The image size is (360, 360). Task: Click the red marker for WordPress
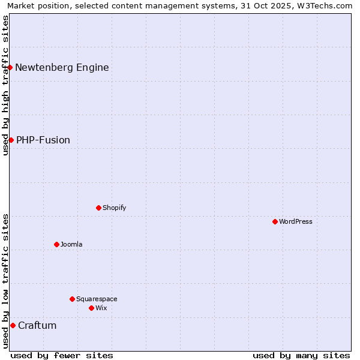pos(275,221)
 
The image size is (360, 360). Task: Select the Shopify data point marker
pos(98,208)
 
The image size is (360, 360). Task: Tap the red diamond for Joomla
pos(56,244)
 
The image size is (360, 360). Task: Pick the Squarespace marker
pos(72,299)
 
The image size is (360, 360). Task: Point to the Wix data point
pos(91,308)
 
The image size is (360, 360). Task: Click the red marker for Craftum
pos(13,325)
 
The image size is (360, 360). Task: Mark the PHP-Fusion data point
pos(11,140)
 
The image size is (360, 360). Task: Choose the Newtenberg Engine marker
pos(10,67)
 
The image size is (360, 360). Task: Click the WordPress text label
pos(296,221)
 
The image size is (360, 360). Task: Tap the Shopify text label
pos(114,208)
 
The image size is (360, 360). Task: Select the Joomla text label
pos(71,244)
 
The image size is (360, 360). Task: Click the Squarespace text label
pos(97,299)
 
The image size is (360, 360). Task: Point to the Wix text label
pos(101,308)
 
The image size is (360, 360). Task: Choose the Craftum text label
pos(37,325)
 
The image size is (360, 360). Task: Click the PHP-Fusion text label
pos(43,140)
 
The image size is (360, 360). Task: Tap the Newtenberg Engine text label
pos(62,67)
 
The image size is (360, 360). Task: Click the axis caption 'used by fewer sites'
pos(62,355)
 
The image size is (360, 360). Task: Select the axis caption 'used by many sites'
pos(301,355)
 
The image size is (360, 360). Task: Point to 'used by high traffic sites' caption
pos(5,85)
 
